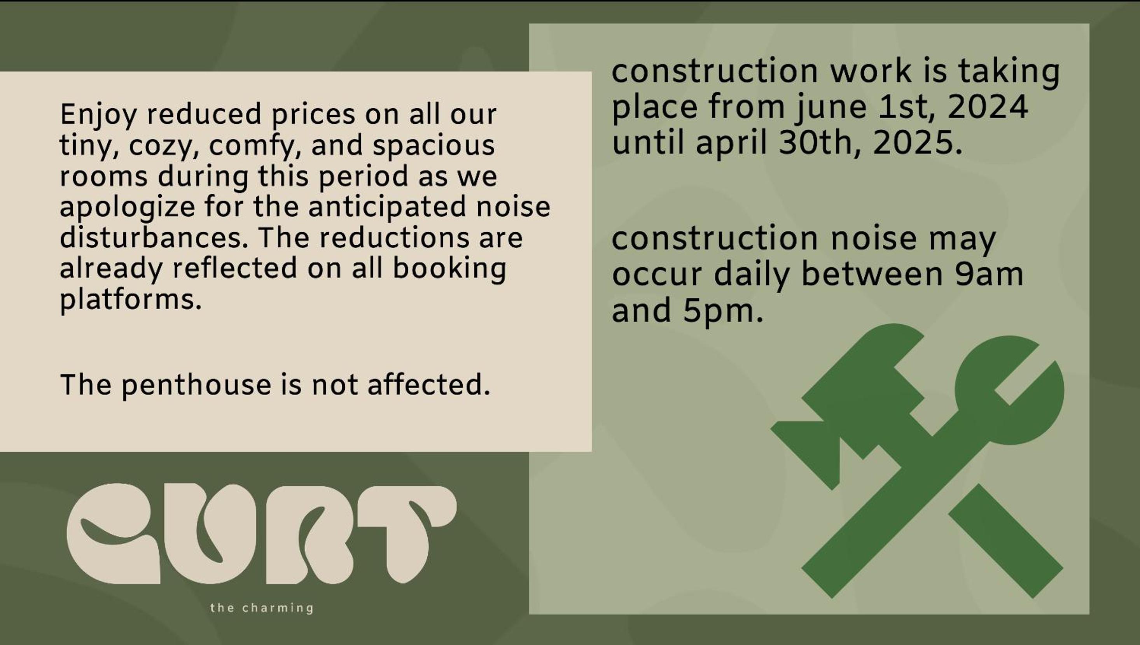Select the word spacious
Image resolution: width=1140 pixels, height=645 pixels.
click(434, 147)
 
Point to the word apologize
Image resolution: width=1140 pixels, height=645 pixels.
click(127, 208)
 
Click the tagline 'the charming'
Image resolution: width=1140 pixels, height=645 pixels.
click(262, 608)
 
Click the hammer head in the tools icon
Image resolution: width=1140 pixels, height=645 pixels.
click(855, 399)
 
